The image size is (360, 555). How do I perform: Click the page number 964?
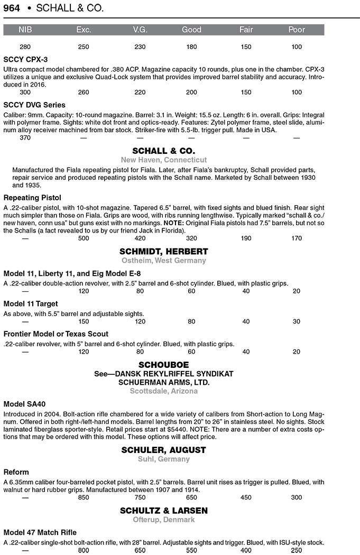[12, 8]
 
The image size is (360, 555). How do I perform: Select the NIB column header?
[25, 30]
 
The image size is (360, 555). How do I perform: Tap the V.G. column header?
[140, 30]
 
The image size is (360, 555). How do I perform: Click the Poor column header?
[297, 30]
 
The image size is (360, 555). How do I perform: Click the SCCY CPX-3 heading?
[25, 60]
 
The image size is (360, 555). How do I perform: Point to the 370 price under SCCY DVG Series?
[25, 138]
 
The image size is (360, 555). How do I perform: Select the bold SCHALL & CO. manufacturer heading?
[163, 151]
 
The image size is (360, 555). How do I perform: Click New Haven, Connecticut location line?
[163, 160]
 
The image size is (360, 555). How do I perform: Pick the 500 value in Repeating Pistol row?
[84, 238]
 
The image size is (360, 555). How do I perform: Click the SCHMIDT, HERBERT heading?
[163, 251]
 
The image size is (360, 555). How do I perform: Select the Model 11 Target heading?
[31, 303]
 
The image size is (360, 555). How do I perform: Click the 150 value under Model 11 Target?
[84, 321]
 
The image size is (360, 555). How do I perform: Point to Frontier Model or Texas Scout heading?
[56, 334]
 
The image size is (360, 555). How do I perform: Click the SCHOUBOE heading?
[163, 365]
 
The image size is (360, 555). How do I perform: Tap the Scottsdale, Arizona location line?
[163, 391]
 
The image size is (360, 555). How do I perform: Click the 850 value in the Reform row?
[84, 497]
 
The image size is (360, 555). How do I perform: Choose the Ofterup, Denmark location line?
[163, 520]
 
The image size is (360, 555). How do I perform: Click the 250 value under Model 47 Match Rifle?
[297, 550]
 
